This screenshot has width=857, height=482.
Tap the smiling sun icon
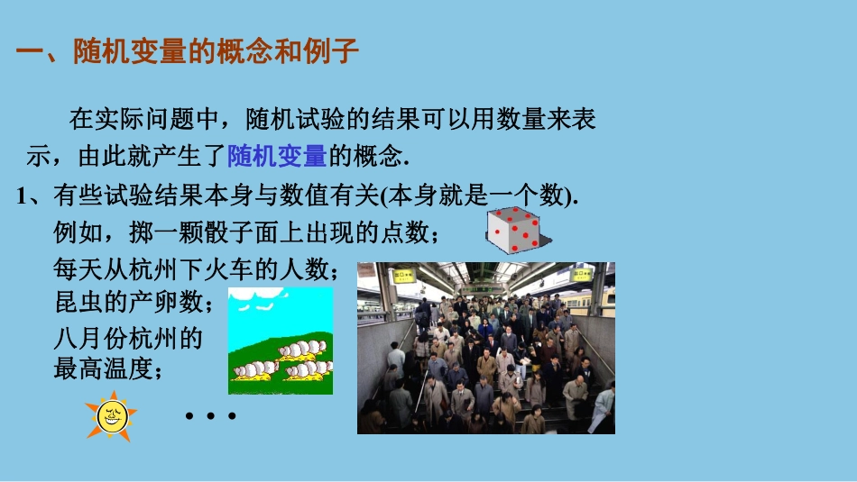tap(111, 417)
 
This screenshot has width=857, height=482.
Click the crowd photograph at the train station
tap(485, 348)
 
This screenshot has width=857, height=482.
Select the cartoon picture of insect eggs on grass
tap(280, 341)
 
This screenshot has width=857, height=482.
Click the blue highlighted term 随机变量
tap(277, 156)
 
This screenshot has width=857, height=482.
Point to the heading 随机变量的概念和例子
tap(217, 52)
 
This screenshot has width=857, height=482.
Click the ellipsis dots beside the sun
tap(210, 416)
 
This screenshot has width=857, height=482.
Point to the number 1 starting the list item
tap(23, 197)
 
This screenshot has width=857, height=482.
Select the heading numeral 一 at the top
tap(30, 52)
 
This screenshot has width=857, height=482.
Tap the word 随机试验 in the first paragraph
tap(297, 119)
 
